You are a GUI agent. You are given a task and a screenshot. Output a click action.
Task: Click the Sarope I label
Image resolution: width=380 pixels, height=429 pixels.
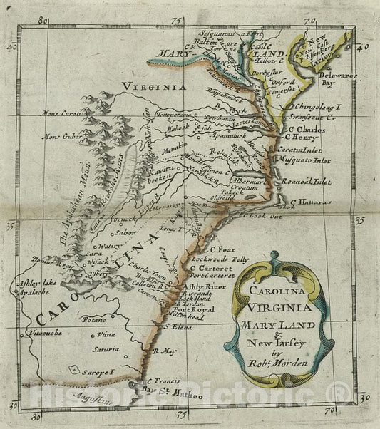click(x=100, y=371)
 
